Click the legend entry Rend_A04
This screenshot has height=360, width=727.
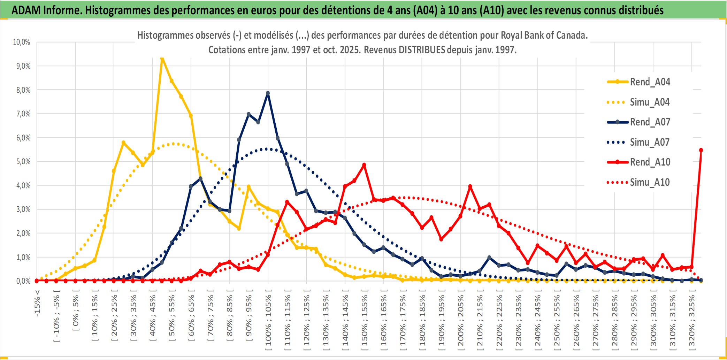coord(650,82)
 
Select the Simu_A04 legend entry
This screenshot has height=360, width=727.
coord(650,102)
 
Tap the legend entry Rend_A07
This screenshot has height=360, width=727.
coord(650,122)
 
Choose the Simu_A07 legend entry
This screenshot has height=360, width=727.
coord(650,142)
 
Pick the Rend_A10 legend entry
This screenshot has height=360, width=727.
coord(650,162)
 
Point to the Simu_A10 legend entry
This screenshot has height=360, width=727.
coord(650,182)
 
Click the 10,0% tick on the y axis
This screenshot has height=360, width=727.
coord(22,42)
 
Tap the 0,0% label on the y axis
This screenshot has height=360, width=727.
coord(23,281)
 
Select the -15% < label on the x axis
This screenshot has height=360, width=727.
coord(37,303)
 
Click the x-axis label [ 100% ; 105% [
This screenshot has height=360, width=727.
coord(268,322)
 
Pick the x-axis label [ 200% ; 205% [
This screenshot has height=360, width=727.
coord(461,322)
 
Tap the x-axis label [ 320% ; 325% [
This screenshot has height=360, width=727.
coord(692,322)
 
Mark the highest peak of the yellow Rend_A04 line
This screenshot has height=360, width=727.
coord(162,59)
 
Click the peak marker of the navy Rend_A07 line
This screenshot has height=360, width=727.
coord(268,93)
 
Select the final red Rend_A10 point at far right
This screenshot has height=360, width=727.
coord(701,150)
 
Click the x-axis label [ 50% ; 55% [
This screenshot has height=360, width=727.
coord(172,318)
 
